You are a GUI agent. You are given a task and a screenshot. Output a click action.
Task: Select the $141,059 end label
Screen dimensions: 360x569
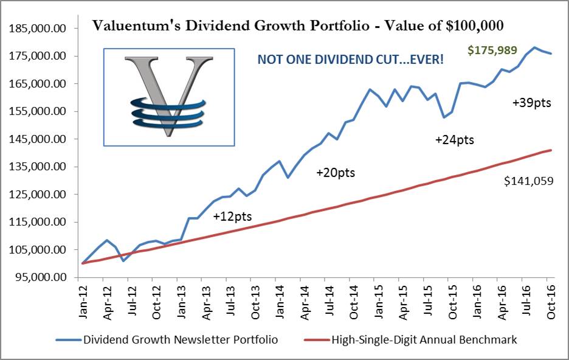[x=528, y=180]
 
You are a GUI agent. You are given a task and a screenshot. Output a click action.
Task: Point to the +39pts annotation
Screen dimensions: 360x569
[x=531, y=103]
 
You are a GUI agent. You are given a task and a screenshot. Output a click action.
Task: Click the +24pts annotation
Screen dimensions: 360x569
[x=454, y=140]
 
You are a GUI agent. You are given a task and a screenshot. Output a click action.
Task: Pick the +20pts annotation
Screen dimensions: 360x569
[x=335, y=173]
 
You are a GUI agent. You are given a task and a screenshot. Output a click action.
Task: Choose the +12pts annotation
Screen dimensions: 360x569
[x=232, y=216]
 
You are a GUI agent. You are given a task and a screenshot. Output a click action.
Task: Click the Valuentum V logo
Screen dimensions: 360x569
[x=168, y=97]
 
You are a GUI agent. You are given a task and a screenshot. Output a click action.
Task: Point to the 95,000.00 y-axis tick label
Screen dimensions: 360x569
[x=40, y=277]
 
